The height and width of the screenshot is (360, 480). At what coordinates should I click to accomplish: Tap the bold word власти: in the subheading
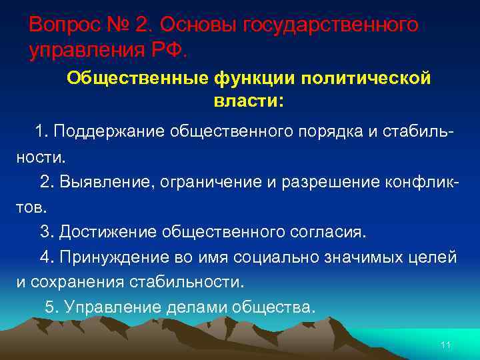click(248, 101)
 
